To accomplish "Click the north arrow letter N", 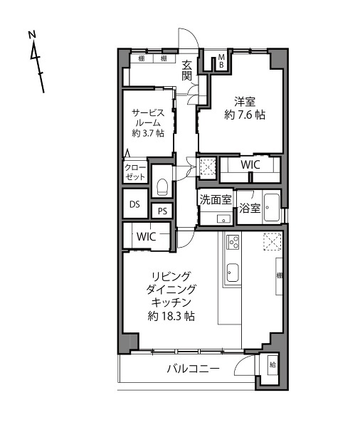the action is click(32, 35).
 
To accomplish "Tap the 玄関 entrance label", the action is click(187, 70).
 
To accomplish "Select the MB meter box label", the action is click(221, 61).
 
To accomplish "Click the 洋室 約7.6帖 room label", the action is click(245, 108).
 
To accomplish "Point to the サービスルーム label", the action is click(148, 117).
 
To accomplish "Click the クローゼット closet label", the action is click(135, 172).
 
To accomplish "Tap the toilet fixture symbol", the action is click(162, 186).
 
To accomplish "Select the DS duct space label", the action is click(134, 204).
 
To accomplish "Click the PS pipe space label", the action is click(162, 211).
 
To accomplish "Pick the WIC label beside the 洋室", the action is click(250, 165).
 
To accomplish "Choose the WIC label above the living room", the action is click(147, 236).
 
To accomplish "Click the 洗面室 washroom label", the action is click(216, 200).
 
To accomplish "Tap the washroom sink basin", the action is click(223, 218).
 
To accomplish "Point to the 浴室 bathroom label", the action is click(250, 209).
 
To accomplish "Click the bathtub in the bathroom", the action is click(272, 208).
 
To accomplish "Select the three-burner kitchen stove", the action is click(233, 242).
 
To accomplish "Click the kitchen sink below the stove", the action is click(233, 273).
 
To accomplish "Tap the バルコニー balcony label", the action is click(193, 369).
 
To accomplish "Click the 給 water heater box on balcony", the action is click(272, 365).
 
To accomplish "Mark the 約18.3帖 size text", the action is click(171, 316).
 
